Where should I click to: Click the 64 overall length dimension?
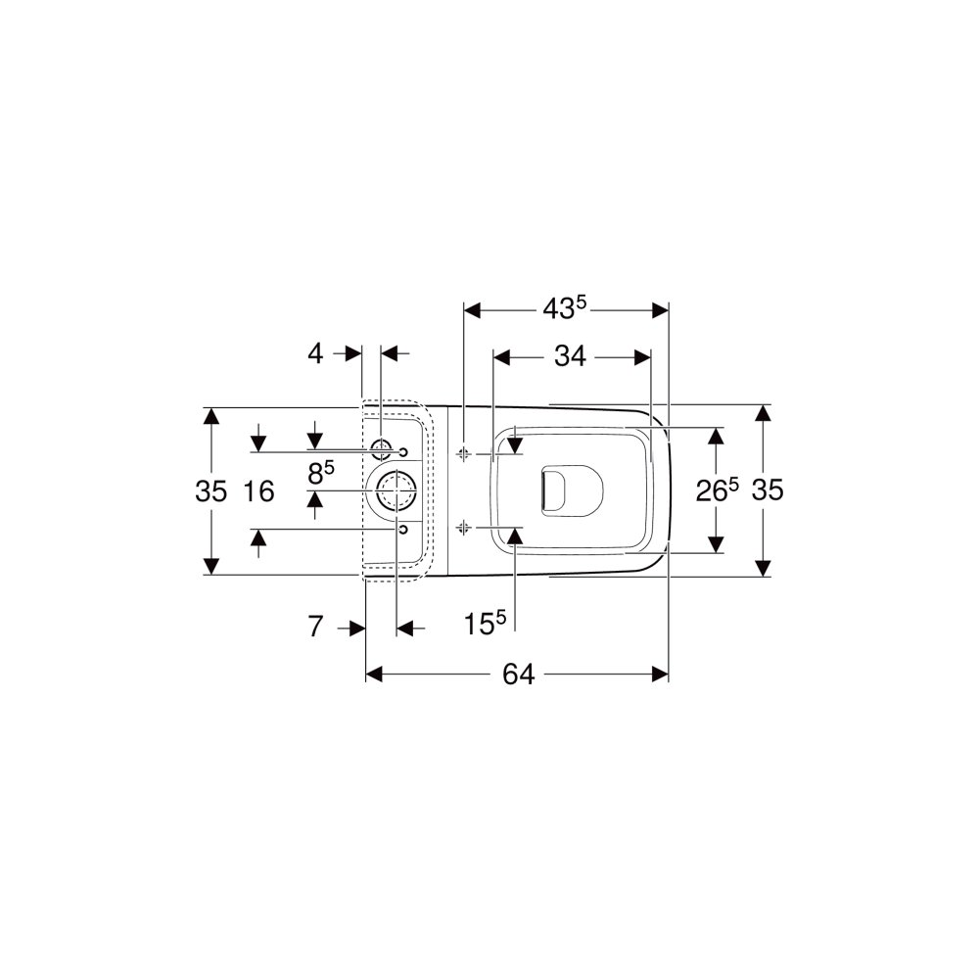(518, 675)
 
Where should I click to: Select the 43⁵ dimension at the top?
(565, 308)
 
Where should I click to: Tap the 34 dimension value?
(570, 356)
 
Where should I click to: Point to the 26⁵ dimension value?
(717, 490)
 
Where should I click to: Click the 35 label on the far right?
(768, 490)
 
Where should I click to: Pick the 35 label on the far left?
(211, 491)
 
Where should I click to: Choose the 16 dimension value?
(258, 491)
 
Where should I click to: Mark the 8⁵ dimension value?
(321, 473)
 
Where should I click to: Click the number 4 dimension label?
(315, 354)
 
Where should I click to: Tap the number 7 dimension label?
(316, 627)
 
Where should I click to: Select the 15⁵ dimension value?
(485, 623)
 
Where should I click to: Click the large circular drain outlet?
(396, 490)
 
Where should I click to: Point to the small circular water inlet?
(380, 448)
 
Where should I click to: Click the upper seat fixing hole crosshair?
(463, 454)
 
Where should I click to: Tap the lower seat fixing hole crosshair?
(463, 529)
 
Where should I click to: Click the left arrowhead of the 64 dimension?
(373, 675)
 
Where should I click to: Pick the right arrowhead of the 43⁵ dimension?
(660, 309)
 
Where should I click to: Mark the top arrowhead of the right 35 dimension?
(763, 413)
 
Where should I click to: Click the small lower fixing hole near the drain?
(402, 530)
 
